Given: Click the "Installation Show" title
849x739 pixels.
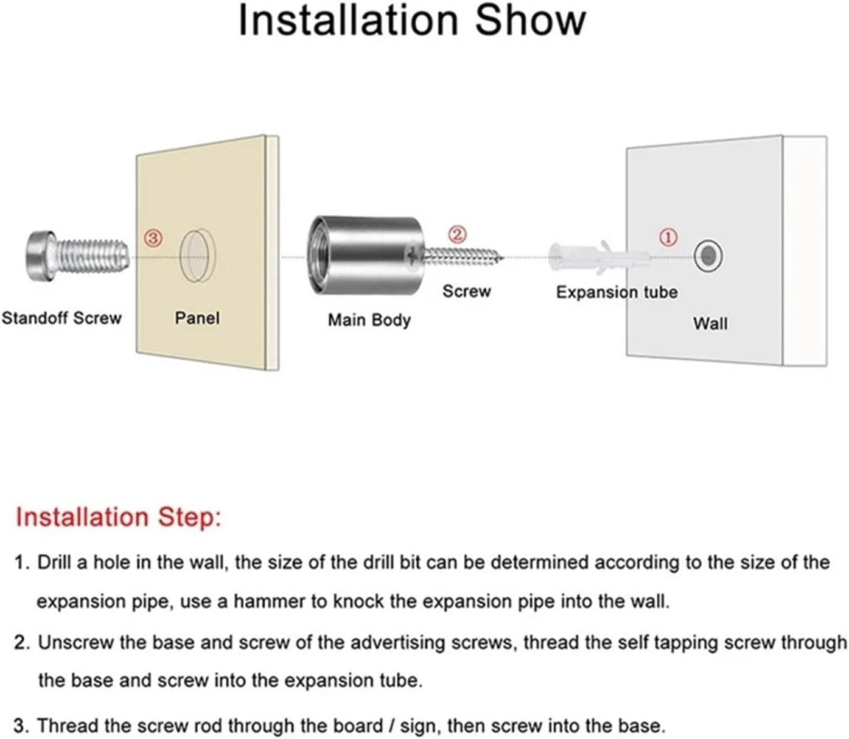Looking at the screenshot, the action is coord(412,20).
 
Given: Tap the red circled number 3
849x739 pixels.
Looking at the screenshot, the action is coord(153,238).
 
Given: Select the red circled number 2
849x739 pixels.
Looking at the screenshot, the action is coord(457,234).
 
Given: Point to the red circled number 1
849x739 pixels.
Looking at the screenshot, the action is coord(668,237).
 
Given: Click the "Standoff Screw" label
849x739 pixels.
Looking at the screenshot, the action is coord(62,318).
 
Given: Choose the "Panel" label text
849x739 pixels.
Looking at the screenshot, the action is coord(197,318).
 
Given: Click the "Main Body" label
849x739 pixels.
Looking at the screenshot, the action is coord(369,320).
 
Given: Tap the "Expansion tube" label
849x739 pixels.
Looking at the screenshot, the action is coord(617,293).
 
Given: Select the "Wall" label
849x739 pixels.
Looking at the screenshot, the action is coord(710,324).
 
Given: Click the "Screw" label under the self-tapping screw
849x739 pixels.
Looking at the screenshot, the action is coord(466,292).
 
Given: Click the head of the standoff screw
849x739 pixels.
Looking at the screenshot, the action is coord(40,256).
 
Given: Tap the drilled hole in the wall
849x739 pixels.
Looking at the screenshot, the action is coord(708,256).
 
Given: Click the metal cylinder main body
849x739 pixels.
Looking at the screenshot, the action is coord(365,256).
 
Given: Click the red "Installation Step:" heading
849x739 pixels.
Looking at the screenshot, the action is coord(118,517).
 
